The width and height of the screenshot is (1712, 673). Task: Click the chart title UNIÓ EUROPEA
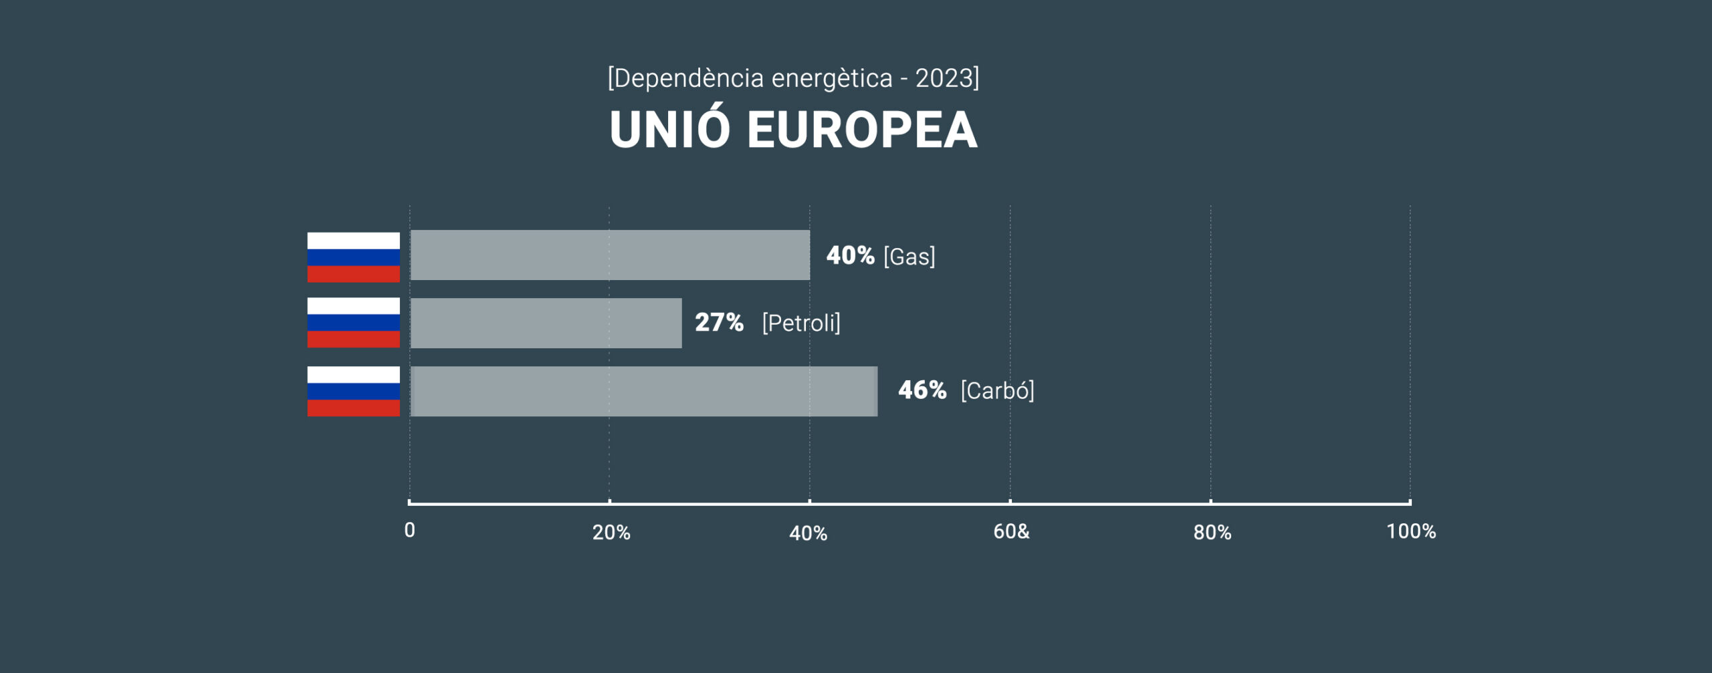[x=793, y=129]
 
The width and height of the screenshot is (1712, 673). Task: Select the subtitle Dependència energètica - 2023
[x=793, y=78]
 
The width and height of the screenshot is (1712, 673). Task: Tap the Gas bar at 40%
[x=610, y=255]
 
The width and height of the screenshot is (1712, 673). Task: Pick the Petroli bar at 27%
[x=546, y=323]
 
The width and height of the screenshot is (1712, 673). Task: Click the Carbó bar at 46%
[x=643, y=391]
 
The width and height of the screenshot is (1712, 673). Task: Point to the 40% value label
[x=850, y=255]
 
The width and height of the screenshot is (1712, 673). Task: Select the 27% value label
[x=719, y=323]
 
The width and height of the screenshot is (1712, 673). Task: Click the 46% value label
[x=922, y=390]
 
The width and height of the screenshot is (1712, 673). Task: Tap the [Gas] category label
[x=909, y=256]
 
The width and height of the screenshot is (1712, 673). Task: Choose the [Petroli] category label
[x=800, y=323]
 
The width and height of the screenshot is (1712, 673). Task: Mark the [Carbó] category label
[x=997, y=391]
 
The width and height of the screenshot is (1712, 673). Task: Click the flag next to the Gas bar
[x=353, y=257]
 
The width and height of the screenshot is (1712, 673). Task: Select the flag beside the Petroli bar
[x=353, y=323]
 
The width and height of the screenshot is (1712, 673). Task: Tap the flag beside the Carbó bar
[x=353, y=391]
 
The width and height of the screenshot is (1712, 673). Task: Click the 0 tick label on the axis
[x=410, y=531]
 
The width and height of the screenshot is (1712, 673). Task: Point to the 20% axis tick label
[x=611, y=533]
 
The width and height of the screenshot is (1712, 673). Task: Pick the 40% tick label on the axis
[x=808, y=533]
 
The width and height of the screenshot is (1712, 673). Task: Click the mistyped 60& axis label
[x=1011, y=532]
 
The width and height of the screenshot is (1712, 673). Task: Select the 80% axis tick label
[x=1212, y=533]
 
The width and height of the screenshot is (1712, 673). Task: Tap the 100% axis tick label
[x=1410, y=532]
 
